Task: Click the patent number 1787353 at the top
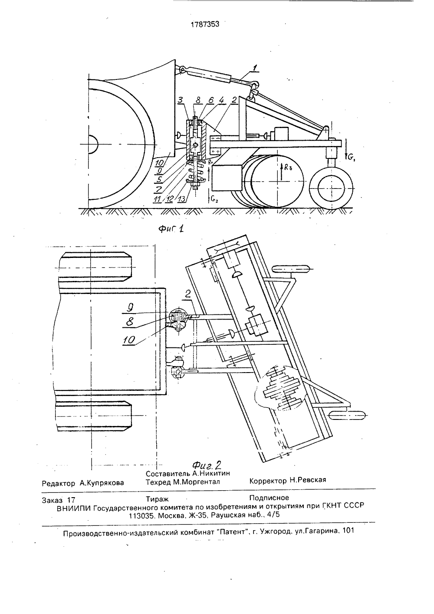[205, 24]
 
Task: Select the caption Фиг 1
[171, 228]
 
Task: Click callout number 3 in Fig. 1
[180, 100]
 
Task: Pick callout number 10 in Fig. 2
[129, 340]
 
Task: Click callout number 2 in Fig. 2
[187, 294]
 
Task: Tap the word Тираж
[157, 499]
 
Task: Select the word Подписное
[269, 498]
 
